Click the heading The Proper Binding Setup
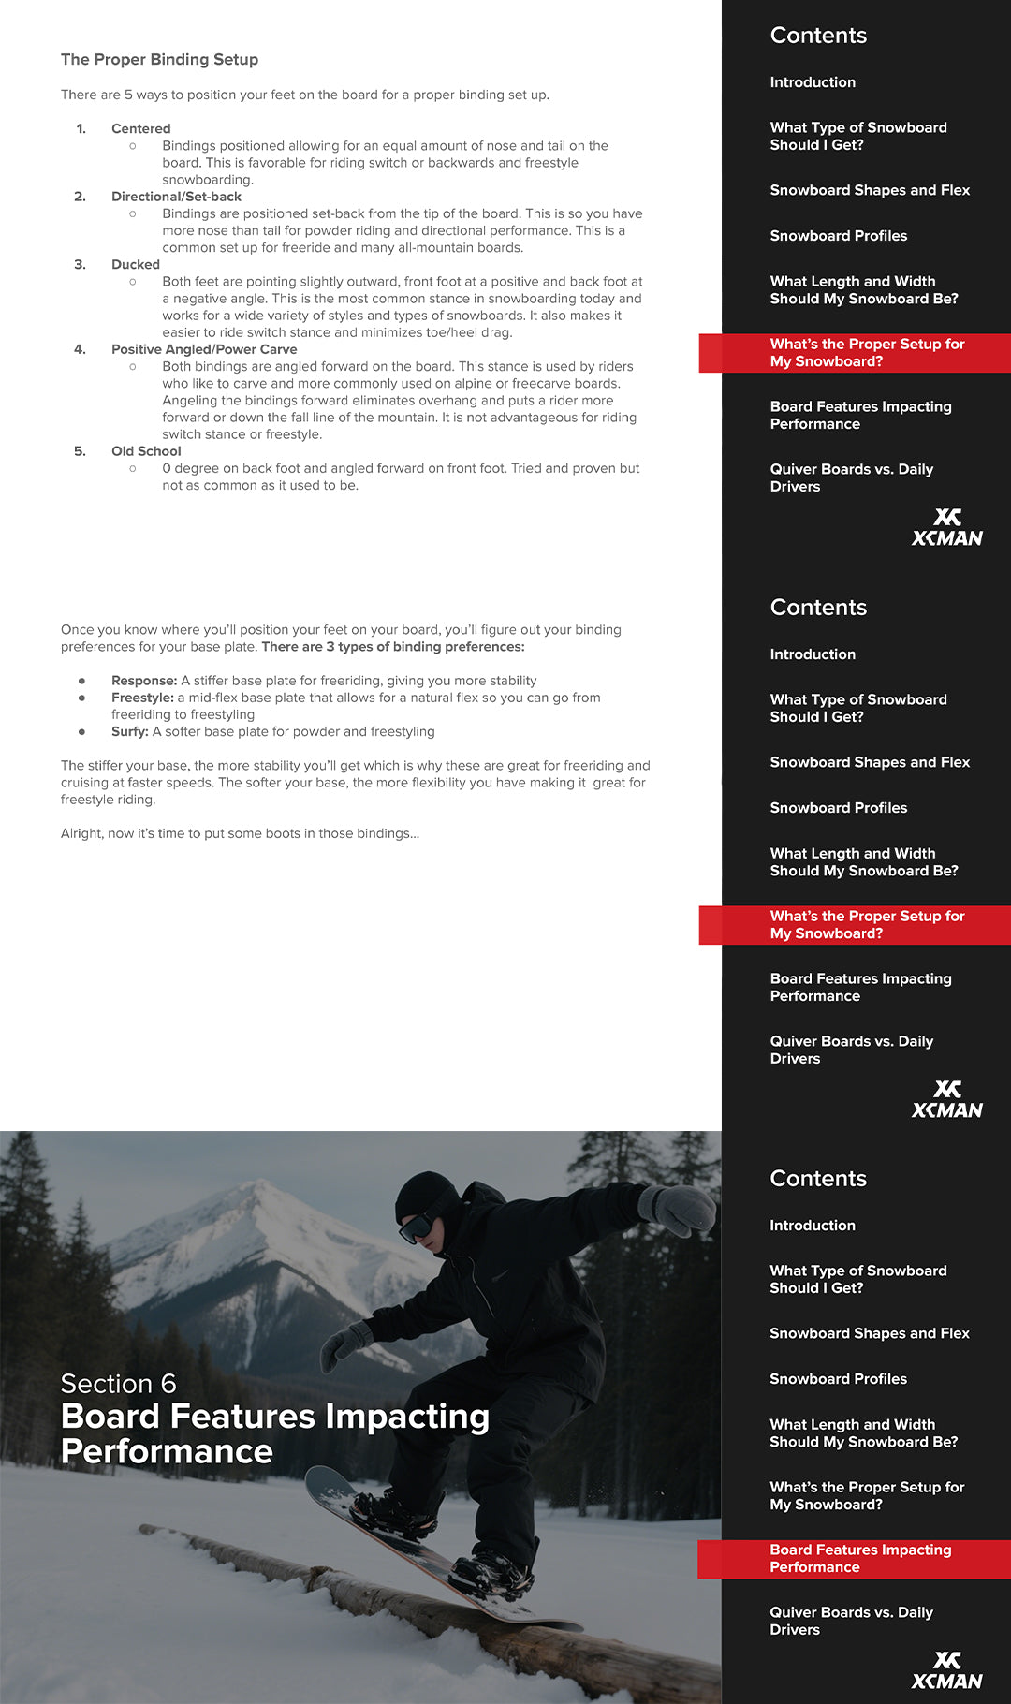pos(159,60)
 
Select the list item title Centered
pos(140,129)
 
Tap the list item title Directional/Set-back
pos(176,197)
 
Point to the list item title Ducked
pos(135,265)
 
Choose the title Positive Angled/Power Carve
pos(203,350)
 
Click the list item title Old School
pos(146,451)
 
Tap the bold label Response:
pos(144,681)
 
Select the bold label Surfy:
pos(129,732)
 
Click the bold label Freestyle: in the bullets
pos(142,698)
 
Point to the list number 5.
pos(80,451)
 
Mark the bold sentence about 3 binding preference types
pos(393,647)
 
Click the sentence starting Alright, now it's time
pos(240,833)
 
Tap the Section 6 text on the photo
pos(118,1384)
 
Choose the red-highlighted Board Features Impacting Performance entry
pos(860,1558)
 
